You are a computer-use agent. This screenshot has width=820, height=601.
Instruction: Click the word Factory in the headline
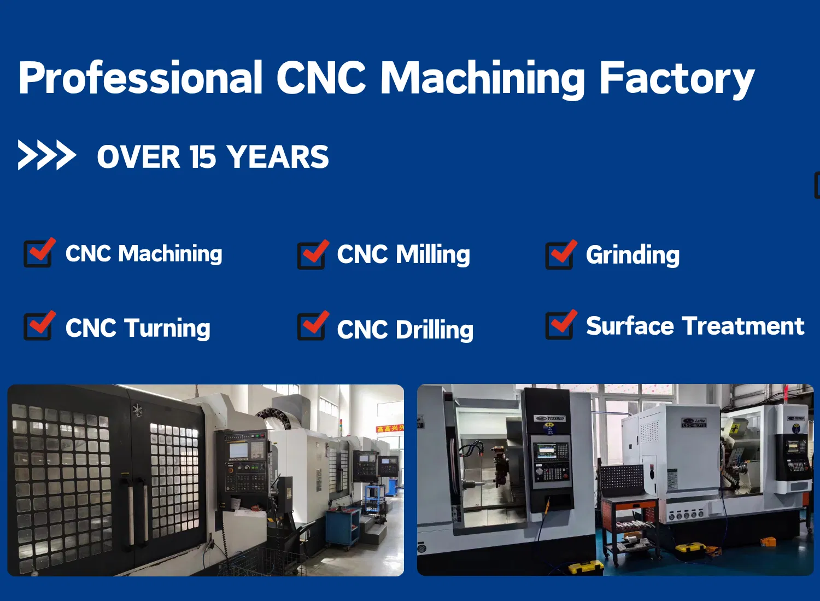point(677,79)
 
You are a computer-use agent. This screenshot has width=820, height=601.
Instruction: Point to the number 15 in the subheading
point(203,157)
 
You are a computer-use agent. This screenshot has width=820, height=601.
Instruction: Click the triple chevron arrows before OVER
point(46,155)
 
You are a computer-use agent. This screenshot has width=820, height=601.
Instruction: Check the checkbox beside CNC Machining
point(38,253)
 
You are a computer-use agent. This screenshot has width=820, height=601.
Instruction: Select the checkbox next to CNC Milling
point(312,255)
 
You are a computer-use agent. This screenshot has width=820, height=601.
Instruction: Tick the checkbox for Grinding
point(560,255)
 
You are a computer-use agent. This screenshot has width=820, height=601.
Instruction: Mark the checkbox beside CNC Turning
point(38,326)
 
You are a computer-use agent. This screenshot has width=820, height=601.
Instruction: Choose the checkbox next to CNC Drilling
point(312,326)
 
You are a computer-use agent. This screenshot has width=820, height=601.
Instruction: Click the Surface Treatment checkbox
point(560,325)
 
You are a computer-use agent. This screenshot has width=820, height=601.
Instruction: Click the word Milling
point(433,255)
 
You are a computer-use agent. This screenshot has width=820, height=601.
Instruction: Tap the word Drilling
point(435,330)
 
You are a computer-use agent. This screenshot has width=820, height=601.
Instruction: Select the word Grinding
point(632,255)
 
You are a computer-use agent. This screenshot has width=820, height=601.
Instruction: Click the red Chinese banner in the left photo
point(390,428)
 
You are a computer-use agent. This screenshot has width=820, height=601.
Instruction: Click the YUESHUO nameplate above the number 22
point(550,418)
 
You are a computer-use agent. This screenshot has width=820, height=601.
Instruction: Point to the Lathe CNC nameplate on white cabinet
point(694,423)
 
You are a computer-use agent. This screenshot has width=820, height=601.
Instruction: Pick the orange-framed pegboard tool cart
point(629,514)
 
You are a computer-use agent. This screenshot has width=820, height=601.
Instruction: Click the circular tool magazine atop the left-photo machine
point(279,418)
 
